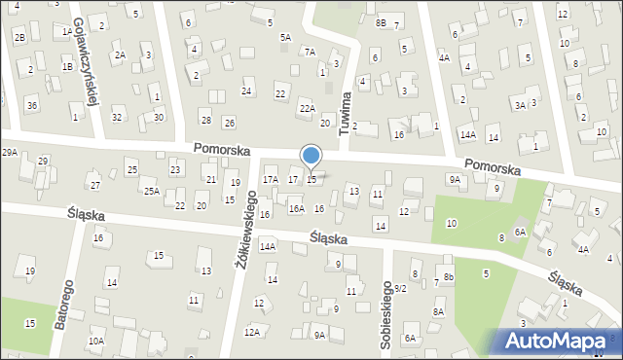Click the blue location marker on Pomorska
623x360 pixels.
311,156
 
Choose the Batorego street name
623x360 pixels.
64,306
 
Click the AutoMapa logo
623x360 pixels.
559,341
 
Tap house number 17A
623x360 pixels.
271,179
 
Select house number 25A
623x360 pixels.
151,192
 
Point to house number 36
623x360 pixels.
32,105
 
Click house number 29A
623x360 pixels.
10,153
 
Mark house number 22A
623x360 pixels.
307,108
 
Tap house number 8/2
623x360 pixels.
400,288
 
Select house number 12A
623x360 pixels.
252,332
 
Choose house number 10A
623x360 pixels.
95,341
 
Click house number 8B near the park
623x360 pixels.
381,22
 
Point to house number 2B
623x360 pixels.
19,37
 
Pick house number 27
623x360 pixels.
94,185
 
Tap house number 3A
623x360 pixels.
520,105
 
